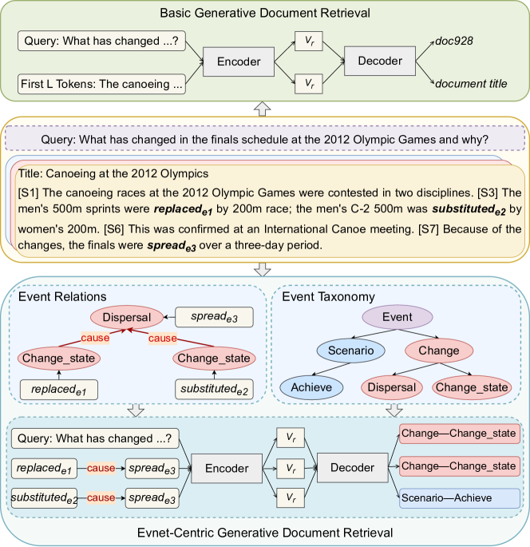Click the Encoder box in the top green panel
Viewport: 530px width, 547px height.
point(236,61)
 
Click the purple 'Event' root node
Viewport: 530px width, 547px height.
point(397,317)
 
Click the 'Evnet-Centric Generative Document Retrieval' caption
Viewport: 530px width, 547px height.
point(265,533)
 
